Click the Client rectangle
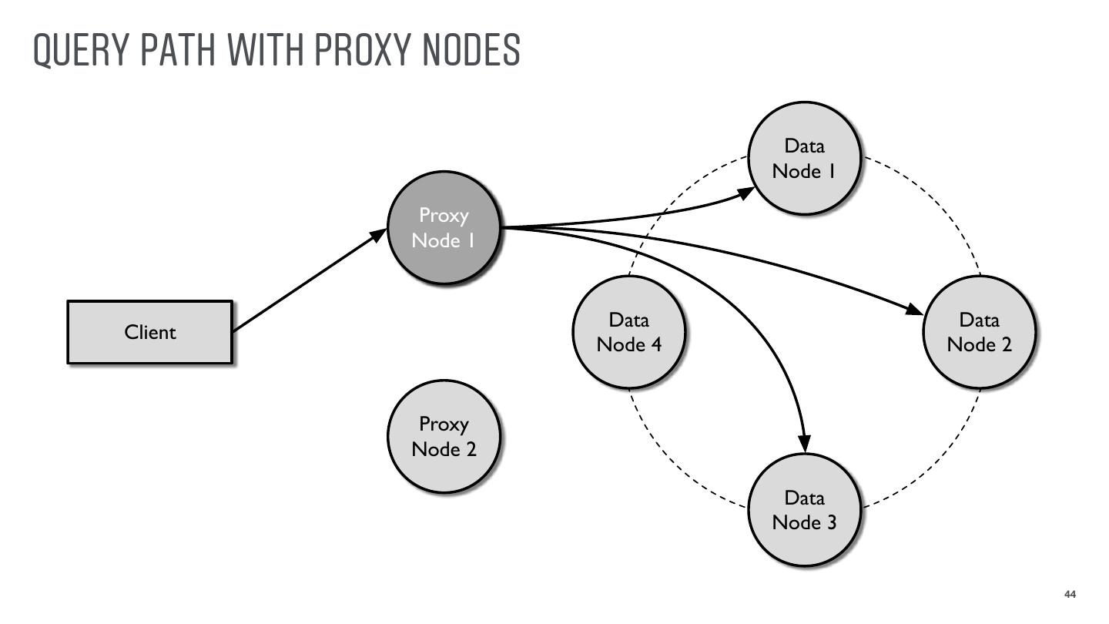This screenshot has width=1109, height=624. coord(149,332)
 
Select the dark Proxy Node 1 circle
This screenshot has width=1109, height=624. coord(444,227)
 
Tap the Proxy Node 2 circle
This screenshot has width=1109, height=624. coord(444,436)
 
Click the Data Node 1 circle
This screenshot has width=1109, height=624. coord(804,158)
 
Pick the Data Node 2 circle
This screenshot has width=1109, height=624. coord(979,332)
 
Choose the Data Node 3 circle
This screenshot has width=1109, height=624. coord(804,509)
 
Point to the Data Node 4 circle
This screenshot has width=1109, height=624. coord(629,332)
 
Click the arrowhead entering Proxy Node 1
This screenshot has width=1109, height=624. coord(378,234)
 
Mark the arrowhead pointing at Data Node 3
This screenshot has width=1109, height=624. coord(804,443)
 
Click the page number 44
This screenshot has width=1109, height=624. coord(1070,595)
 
